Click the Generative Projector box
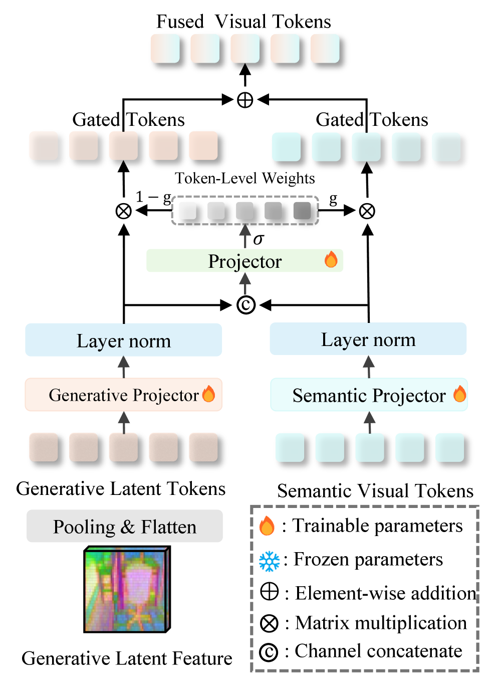123,395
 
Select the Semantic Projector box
369,395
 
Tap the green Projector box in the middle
244,261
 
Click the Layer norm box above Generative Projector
123,340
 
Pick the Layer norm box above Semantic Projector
368,339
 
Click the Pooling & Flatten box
124,526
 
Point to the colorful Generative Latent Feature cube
127,590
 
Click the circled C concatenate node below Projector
245,305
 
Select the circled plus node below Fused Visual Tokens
245,100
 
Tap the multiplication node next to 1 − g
123,211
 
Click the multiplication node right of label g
367,211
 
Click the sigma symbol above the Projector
258,240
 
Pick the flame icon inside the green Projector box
331,260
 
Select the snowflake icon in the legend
269,561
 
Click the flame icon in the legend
267,526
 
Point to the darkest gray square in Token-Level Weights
302,211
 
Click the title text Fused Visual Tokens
243,22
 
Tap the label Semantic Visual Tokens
375,490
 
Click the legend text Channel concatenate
378,651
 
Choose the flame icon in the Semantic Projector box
459,394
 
